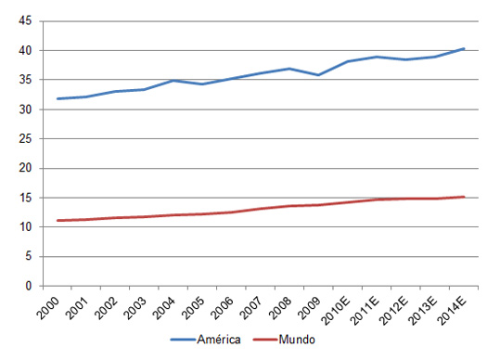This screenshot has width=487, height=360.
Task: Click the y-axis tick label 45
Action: (x=26, y=20)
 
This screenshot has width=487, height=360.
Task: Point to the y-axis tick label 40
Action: (x=26, y=50)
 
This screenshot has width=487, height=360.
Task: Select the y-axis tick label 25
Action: (x=26, y=138)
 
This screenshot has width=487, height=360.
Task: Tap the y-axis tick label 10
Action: (x=26, y=226)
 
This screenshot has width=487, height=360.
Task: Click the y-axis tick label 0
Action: (x=30, y=286)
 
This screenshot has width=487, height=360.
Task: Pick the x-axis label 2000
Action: (x=56, y=306)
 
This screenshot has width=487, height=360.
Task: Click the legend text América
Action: (x=221, y=341)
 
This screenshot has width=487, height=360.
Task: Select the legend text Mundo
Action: (x=296, y=341)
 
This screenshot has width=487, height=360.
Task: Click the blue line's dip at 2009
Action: (x=319, y=75)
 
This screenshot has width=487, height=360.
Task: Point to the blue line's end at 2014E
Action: (x=465, y=48)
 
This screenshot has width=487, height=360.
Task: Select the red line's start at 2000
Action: (x=58, y=221)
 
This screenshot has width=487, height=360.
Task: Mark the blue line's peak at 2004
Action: (x=173, y=81)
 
